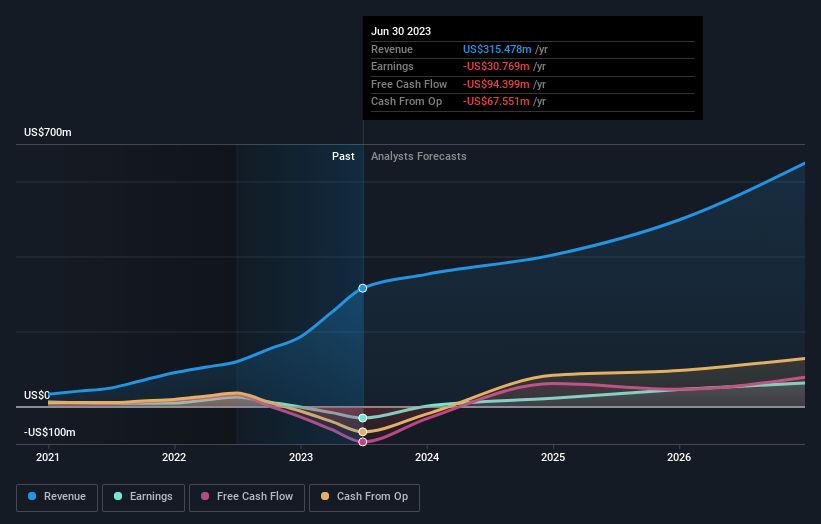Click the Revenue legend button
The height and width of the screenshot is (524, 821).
click(57, 496)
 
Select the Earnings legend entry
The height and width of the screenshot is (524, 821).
click(143, 496)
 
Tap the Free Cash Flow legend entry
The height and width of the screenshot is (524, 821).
click(246, 496)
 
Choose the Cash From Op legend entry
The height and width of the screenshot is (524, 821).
click(365, 496)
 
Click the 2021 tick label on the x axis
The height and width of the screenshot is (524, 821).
click(48, 457)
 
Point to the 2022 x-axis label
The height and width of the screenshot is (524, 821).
click(174, 457)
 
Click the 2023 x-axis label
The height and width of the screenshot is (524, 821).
click(300, 457)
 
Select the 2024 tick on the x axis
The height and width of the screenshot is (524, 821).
click(427, 457)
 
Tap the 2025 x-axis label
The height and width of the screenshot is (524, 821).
click(553, 457)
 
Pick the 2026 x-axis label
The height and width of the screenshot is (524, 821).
click(679, 457)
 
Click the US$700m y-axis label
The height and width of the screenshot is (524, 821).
click(48, 132)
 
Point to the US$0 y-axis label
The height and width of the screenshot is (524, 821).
click(37, 395)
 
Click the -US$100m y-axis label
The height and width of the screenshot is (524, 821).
click(51, 432)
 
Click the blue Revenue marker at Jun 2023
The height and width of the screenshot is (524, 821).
click(363, 288)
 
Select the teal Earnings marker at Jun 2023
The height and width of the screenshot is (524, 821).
click(363, 418)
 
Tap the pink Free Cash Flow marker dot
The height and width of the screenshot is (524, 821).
click(363, 442)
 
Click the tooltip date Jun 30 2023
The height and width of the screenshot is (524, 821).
click(401, 31)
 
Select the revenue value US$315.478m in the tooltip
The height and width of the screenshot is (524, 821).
click(497, 49)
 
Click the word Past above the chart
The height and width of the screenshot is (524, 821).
click(343, 156)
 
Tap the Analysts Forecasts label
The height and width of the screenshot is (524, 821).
click(418, 156)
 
